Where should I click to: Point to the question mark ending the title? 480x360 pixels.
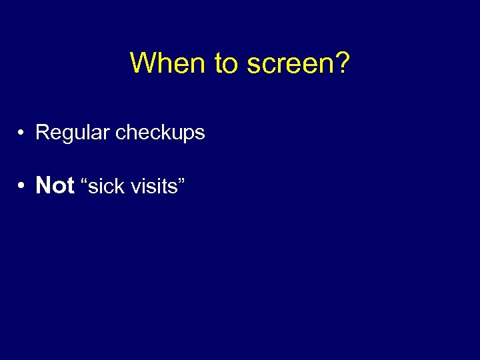pos(342,63)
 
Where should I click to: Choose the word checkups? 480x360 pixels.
pos(160,133)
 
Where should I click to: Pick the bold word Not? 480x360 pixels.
pos(55,185)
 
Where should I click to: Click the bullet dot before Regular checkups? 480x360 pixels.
pos(22,133)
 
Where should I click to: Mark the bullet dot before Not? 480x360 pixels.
pos(22,186)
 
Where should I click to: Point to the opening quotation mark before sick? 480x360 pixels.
pos(83,181)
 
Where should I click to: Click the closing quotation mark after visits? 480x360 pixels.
pos(181,181)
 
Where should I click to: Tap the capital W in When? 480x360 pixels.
pos(142,63)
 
